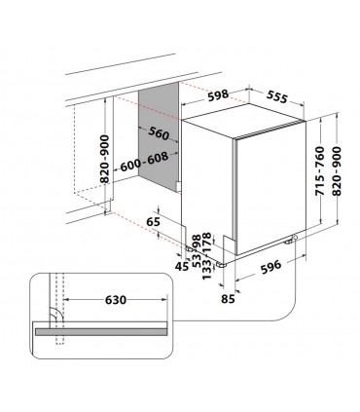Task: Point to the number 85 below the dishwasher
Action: coord(230,298)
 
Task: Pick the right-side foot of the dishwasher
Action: coord(294,241)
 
